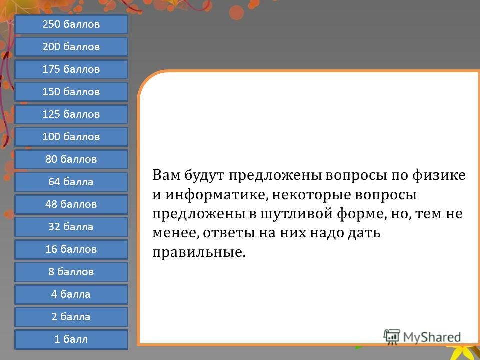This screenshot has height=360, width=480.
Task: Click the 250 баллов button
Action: pos(71,24)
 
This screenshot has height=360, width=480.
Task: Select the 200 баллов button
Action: pos(71,47)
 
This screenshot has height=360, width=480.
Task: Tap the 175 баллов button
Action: pos(71,69)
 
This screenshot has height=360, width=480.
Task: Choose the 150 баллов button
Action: pos(71,92)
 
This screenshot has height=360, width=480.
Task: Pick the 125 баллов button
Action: pos(71,114)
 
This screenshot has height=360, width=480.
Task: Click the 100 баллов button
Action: pos(71,137)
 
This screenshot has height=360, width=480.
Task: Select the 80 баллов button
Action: pos(71,159)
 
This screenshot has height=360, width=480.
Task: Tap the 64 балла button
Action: pos(71,182)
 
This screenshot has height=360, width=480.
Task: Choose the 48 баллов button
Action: pos(71,204)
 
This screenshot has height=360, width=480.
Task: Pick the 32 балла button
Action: pos(71,227)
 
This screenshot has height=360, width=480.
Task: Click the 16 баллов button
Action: pos(71,249)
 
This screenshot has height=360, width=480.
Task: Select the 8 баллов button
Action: pos(71,272)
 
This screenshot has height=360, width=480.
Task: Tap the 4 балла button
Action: pos(71,294)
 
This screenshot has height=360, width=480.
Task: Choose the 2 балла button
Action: pos(71,317)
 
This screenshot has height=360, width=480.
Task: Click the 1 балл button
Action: pos(71,339)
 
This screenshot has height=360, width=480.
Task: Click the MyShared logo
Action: pos(422,337)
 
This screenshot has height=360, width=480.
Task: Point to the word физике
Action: pos(439,176)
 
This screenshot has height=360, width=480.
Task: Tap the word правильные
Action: pos(199,252)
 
